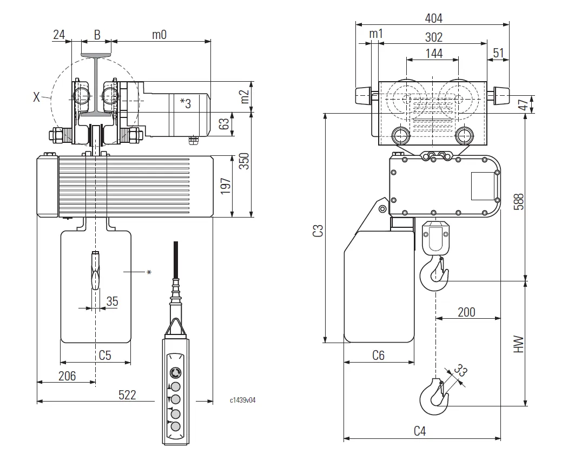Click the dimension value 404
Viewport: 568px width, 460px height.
tap(433, 18)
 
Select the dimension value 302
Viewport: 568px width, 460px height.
tap(433, 37)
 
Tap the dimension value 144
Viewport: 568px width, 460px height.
tap(434, 53)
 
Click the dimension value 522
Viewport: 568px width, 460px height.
tap(127, 395)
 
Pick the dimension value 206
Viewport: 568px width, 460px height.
tap(67, 376)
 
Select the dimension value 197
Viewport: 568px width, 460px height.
tap(226, 186)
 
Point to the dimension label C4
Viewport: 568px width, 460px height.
tap(420, 431)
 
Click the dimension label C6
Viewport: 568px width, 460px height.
tap(378, 356)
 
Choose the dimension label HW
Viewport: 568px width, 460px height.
tap(519, 344)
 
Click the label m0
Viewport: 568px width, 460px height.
tap(158, 35)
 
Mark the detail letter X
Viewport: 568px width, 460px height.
tap(36, 97)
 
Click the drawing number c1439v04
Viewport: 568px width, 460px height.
tap(242, 400)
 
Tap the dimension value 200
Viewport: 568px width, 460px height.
tap(466, 312)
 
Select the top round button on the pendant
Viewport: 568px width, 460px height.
tap(175, 372)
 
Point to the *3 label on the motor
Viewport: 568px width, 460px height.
tap(185, 103)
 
